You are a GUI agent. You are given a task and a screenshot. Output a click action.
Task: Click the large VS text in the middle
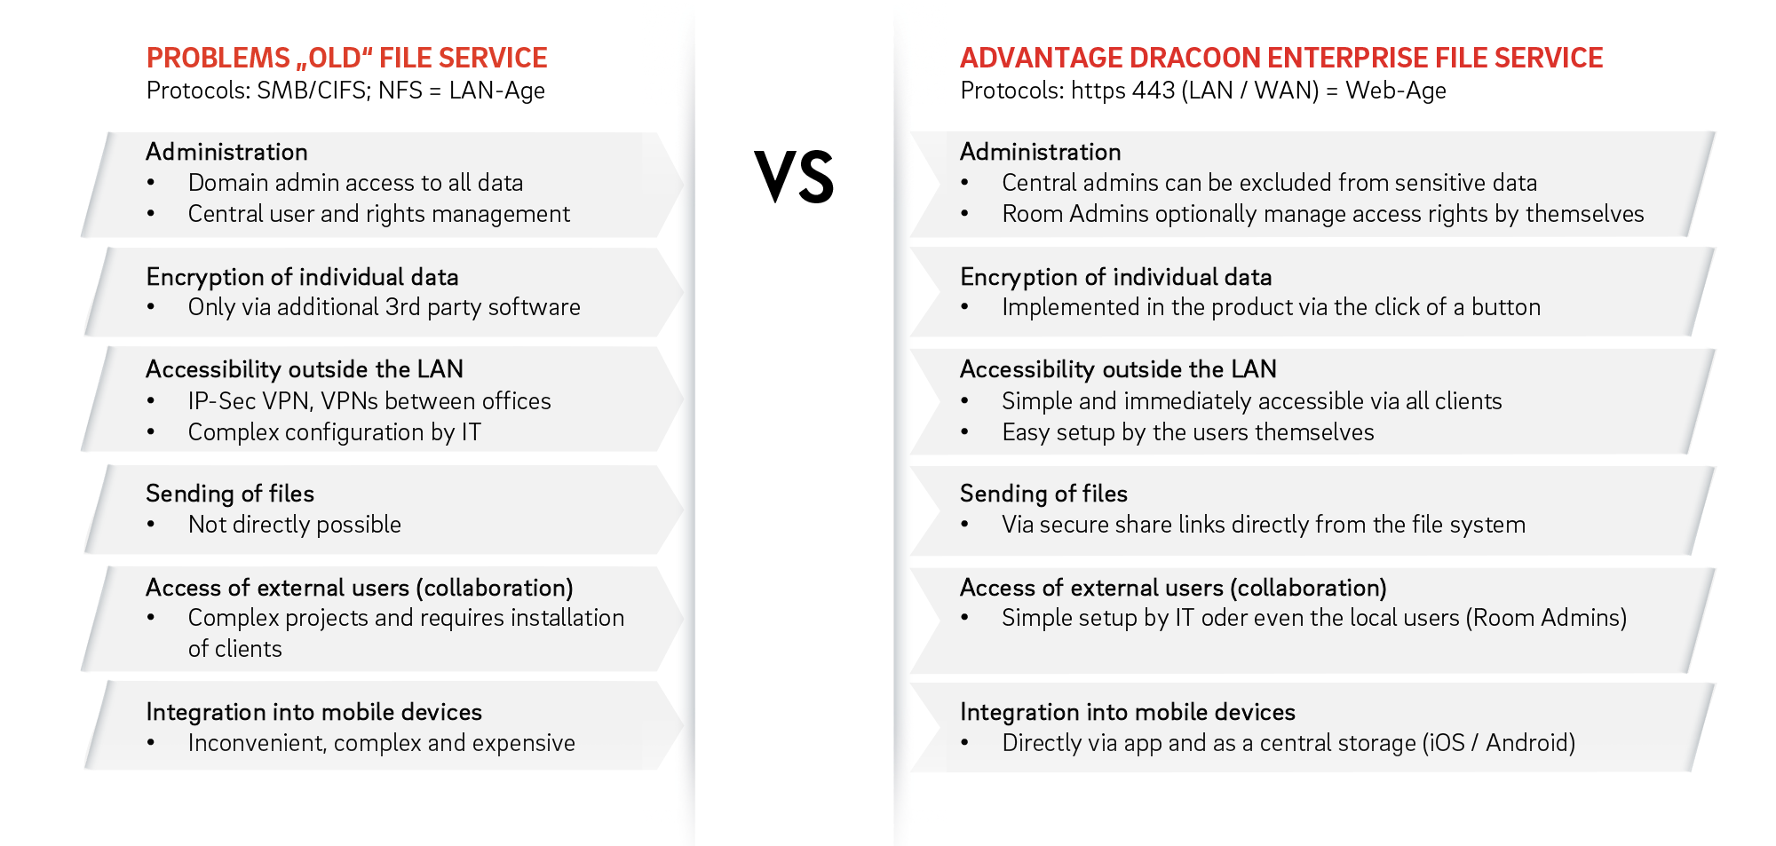point(795,177)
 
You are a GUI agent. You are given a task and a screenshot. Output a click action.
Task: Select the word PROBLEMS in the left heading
point(218,58)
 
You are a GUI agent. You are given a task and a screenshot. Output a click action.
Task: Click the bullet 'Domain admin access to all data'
point(355,183)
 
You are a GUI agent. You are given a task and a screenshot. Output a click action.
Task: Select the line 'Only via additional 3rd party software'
point(384,307)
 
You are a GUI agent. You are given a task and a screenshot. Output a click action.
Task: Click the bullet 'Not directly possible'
point(294,525)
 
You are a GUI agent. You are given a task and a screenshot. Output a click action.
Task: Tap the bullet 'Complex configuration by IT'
point(334,432)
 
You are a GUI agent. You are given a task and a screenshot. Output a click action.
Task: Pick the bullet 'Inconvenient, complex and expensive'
point(381,743)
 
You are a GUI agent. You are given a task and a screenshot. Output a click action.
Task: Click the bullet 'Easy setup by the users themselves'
point(1187,432)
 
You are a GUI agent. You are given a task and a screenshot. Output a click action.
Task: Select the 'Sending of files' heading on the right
point(1043,494)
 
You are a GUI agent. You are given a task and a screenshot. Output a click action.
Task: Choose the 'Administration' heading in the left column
point(226,152)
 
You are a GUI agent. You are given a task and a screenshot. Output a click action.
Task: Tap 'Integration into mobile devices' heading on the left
point(313,712)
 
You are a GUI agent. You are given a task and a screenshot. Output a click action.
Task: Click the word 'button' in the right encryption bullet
point(1506,307)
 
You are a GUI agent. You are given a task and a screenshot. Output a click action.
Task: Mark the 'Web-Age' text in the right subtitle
point(1395,91)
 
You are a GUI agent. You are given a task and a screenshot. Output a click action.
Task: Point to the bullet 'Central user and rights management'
point(378,214)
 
